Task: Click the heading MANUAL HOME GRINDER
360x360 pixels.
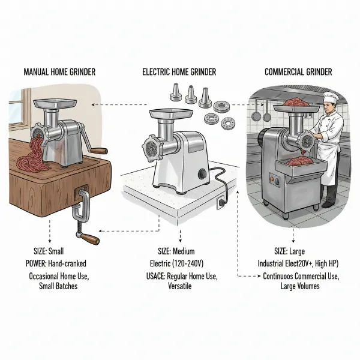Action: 59,72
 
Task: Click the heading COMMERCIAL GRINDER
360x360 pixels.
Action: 298,72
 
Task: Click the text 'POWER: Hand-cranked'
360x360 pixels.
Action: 59,262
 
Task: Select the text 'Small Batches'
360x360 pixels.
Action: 61,287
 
